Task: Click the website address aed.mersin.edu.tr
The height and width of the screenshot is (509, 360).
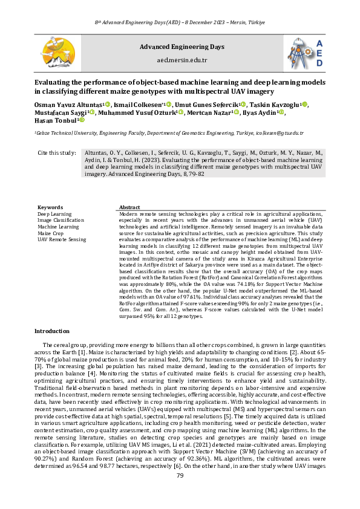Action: [182, 60]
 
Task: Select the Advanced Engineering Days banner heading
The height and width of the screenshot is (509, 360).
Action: [182, 47]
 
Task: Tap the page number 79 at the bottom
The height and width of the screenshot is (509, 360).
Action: [180, 493]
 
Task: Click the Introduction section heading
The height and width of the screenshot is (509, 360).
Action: [53, 331]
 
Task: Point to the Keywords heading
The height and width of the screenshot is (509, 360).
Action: [50, 207]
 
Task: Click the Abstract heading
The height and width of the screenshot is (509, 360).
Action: [130, 207]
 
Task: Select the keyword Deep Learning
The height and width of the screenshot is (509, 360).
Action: [54, 214]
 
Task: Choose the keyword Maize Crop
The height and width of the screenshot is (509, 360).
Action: [50, 233]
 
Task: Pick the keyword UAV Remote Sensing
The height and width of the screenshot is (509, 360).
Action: [62, 239]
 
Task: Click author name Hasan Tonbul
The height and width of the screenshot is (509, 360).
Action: [55, 120]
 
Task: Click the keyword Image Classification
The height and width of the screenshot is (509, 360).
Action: [61, 220]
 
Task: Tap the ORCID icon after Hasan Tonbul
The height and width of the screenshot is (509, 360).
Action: [82, 120]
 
